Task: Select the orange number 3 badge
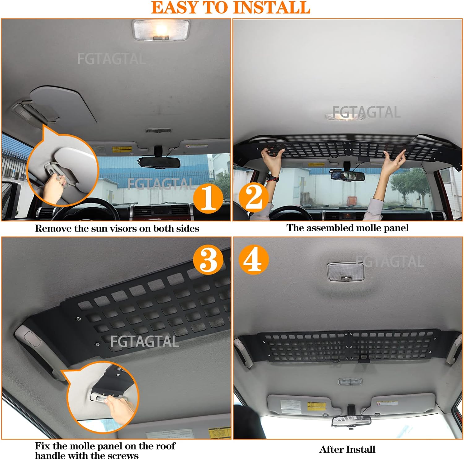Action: (x=208, y=260)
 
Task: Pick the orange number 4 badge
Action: (x=253, y=260)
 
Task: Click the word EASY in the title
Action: (x=175, y=8)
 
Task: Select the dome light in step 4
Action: (x=346, y=272)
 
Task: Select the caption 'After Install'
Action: (x=347, y=449)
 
